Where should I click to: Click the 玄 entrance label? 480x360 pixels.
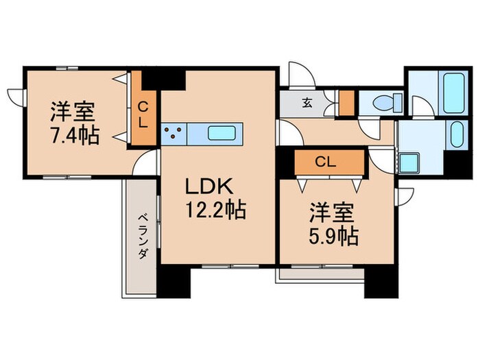point(307,105)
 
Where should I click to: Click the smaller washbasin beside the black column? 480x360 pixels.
point(455,134)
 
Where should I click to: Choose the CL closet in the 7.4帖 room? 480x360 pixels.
point(143,115)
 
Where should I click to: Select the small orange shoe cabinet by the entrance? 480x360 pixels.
point(346,102)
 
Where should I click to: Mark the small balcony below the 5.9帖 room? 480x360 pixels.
point(318,275)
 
